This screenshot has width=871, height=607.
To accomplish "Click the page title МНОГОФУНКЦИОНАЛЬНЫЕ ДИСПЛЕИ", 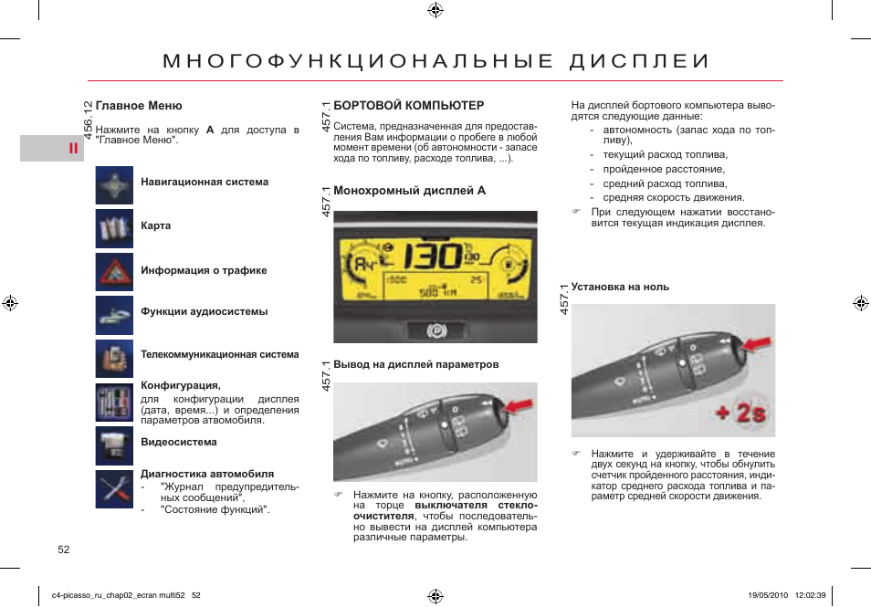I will pos(435,61).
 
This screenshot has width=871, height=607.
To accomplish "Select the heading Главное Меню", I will pos(139,106).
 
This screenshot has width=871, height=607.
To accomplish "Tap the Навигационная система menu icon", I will pos(114,185).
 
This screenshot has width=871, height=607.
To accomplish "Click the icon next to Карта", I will pos(114,228).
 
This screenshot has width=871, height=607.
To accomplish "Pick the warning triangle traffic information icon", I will pos(114,271).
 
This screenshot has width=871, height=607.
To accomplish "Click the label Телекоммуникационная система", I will pos(219,354).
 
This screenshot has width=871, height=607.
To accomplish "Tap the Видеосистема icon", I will pos(114,445).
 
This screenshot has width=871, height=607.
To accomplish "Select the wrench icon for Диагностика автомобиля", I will pos(114,489).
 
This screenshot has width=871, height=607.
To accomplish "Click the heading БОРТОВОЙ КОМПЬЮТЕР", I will pos(408,106).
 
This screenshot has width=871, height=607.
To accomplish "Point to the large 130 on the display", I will pos(434,256).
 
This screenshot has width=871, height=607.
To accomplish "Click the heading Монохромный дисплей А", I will pos(409,191).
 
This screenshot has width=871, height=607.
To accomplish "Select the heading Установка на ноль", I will pos(620,287).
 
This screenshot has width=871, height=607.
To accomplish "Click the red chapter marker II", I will pos(70,149).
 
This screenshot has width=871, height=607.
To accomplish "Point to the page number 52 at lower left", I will pos(63,549).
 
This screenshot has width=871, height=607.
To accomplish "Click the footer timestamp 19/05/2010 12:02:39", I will pos(786,595).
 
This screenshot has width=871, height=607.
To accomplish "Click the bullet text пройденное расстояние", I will pos(651,169).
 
